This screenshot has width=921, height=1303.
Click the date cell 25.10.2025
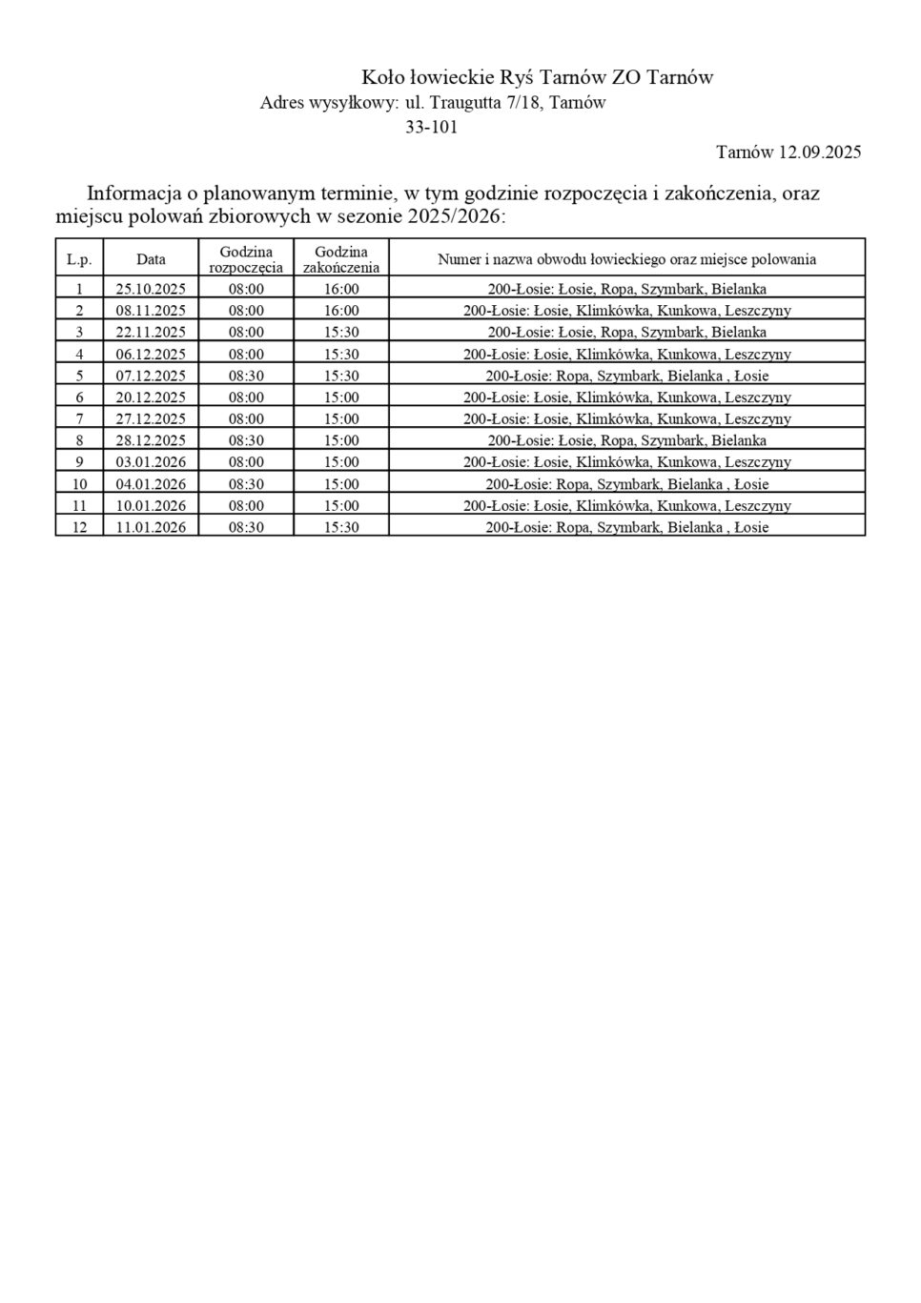[151, 289]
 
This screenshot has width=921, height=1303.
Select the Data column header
[151, 258]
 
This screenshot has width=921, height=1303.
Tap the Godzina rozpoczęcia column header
[246, 259]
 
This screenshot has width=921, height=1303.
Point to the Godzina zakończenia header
[341, 259]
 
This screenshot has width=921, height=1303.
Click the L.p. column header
[79, 259]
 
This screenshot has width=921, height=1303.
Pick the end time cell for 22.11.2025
[341, 332]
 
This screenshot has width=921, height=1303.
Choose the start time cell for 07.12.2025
[246, 376]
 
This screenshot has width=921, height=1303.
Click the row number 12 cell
[79, 527]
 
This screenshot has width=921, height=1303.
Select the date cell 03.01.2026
[151, 462]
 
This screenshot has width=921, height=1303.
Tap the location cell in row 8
[626, 440]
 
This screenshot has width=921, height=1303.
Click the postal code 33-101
[431, 127]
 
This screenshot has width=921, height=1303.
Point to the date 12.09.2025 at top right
[820, 152]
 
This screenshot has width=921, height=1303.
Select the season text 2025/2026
[454, 216]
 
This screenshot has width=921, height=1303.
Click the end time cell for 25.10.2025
[341, 289]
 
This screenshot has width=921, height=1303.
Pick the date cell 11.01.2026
[151, 527]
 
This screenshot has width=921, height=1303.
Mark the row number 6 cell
[79, 397]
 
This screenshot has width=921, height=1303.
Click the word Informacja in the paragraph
[133, 193]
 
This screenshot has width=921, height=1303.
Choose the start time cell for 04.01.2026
[246, 484]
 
